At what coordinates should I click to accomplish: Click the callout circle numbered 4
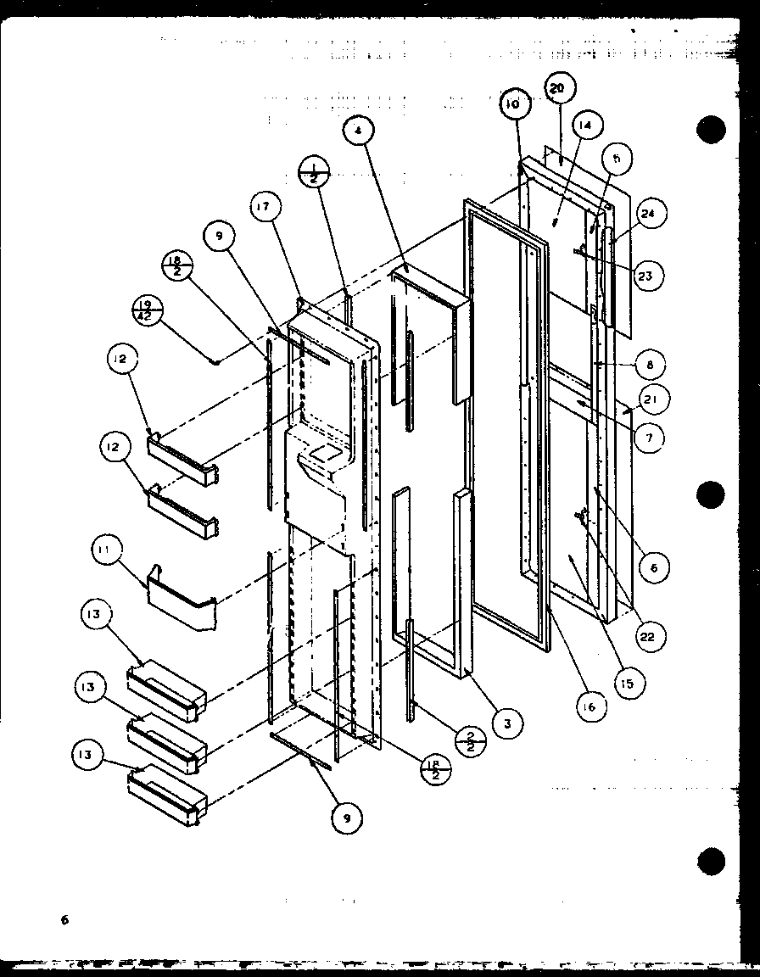click(359, 132)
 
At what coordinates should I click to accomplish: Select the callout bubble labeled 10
click(514, 105)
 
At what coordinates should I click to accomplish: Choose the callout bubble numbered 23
click(647, 275)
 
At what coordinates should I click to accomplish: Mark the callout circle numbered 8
click(648, 366)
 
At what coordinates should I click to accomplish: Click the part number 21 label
click(655, 399)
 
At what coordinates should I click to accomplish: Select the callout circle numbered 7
click(648, 438)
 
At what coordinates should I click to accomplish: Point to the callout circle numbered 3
click(506, 723)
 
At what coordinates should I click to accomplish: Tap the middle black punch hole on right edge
click(711, 494)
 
